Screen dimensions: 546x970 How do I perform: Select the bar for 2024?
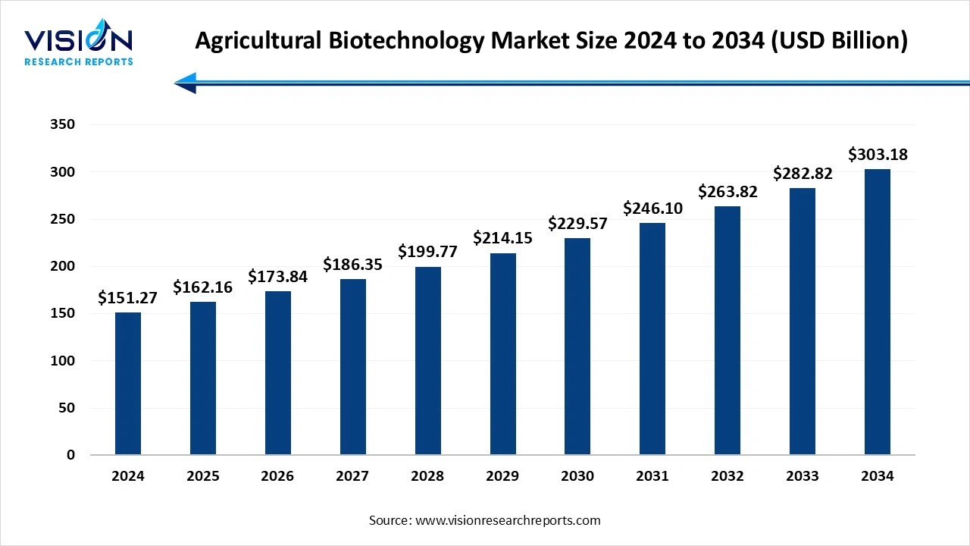(x=128, y=383)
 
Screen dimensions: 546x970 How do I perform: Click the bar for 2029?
(x=502, y=353)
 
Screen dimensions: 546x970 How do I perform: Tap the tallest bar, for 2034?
(x=878, y=312)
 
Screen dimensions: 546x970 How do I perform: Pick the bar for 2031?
(x=652, y=338)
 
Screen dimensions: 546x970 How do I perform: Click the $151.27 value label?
(x=127, y=298)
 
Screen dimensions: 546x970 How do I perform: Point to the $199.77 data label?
(x=427, y=252)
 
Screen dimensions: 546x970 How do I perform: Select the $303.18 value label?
(x=878, y=155)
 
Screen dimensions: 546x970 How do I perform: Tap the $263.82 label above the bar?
(x=727, y=191)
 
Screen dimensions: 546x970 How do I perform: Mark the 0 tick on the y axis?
(x=70, y=455)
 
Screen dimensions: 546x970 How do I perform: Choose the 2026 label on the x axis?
(x=277, y=476)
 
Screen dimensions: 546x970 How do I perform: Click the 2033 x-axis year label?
(x=803, y=476)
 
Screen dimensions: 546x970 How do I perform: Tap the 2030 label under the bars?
(x=577, y=476)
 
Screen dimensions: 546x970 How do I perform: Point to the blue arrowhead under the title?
(x=186, y=83)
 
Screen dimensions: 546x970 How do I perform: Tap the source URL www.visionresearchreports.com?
(x=508, y=520)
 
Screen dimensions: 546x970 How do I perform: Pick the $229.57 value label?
(x=577, y=224)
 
